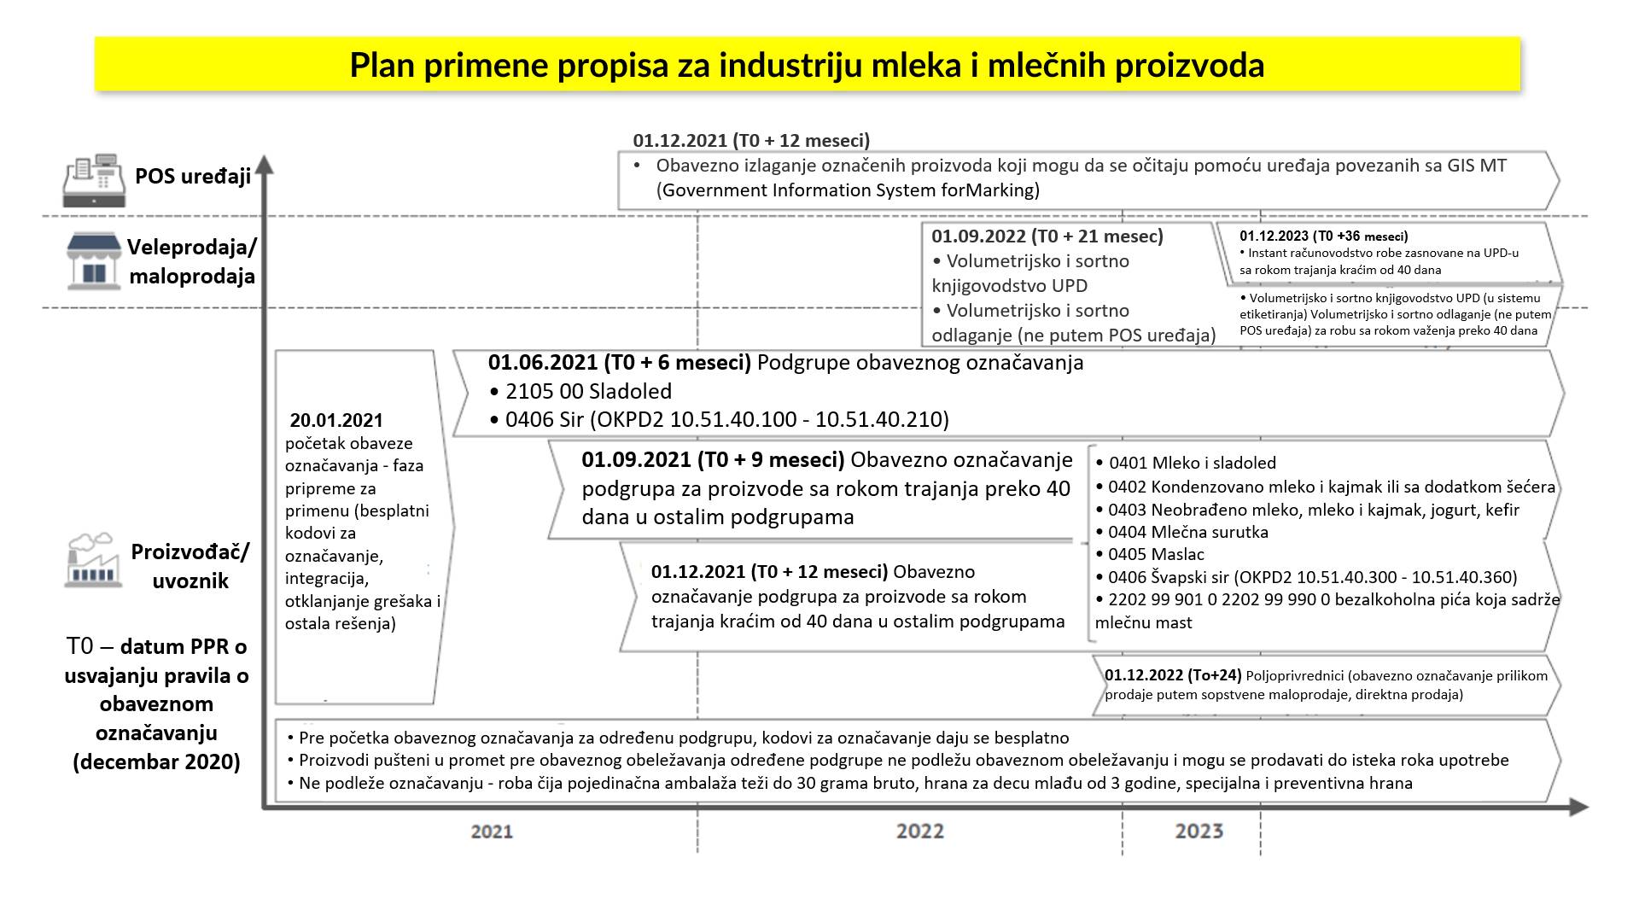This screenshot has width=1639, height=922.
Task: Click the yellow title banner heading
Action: (x=807, y=65)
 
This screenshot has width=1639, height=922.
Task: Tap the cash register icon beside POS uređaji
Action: (x=94, y=180)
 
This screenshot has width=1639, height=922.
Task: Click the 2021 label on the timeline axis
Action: (x=492, y=831)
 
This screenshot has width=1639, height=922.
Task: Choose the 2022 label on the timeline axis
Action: (x=919, y=831)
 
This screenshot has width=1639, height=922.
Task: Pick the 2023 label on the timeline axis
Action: (x=1199, y=831)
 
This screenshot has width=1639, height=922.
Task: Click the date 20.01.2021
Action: (x=336, y=420)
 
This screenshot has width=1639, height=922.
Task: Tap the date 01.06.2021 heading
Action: (x=619, y=363)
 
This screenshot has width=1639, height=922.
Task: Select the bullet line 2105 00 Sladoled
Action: (x=580, y=391)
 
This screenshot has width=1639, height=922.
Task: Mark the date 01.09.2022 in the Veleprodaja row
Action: (x=978, y=236)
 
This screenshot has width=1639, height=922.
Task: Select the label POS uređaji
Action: (x=193, y=177)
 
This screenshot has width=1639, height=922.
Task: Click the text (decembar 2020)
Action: (x=156, y=762)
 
